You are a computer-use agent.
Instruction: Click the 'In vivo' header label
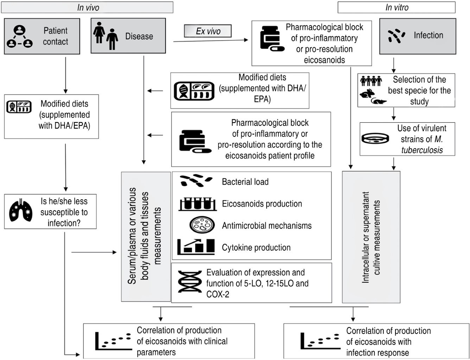pyautogui.click(x=88, y=7)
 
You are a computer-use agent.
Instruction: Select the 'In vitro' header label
pyautogui.click(x=396, y=7)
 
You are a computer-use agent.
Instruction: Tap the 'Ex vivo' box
pyautogui.click(x=208, y=31)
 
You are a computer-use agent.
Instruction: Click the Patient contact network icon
pyautogui.click(x=20, y=37)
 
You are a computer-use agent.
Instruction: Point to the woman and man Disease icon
pyautogui.click(x=106, y=36)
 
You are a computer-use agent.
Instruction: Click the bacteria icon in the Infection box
pyautogui.click(x=396, y=36)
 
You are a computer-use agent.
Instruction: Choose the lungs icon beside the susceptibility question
pyautogui.click(x=21, y=211)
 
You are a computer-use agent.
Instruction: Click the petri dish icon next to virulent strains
pyautogui.click(x=375, y=139)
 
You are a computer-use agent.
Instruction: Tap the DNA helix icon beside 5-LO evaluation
pyautogui.click(x=190, y=282)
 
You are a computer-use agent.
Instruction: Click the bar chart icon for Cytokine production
pyautogui.click(x=196, y=247)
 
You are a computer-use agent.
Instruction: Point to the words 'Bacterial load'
pyautogui.click(x=245, y=182)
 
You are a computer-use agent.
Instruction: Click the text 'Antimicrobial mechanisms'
pyautogui.click(x=267, y=226)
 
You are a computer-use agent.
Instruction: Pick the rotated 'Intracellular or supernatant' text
pyautogui.click(x=371, y=237)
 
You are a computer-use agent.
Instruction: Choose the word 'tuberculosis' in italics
pyautogui.click(x=422, y=150)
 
